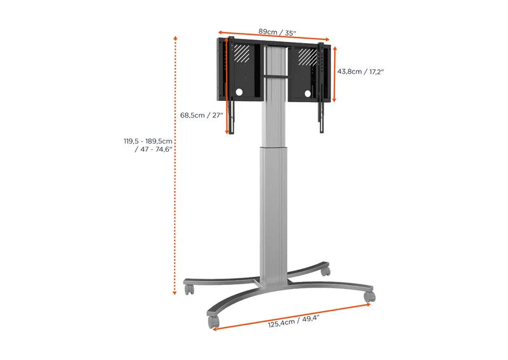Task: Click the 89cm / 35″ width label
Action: [277, 32]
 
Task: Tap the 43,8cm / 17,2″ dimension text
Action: [360, 72]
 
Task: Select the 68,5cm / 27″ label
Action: [201, 116]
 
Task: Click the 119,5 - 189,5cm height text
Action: [148, 142]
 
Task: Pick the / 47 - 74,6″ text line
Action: [153, 149]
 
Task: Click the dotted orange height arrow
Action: [175, 165]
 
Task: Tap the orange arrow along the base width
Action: [291, 317]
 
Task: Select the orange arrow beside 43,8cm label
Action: [335, 74]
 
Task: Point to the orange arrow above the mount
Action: [274, 36]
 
